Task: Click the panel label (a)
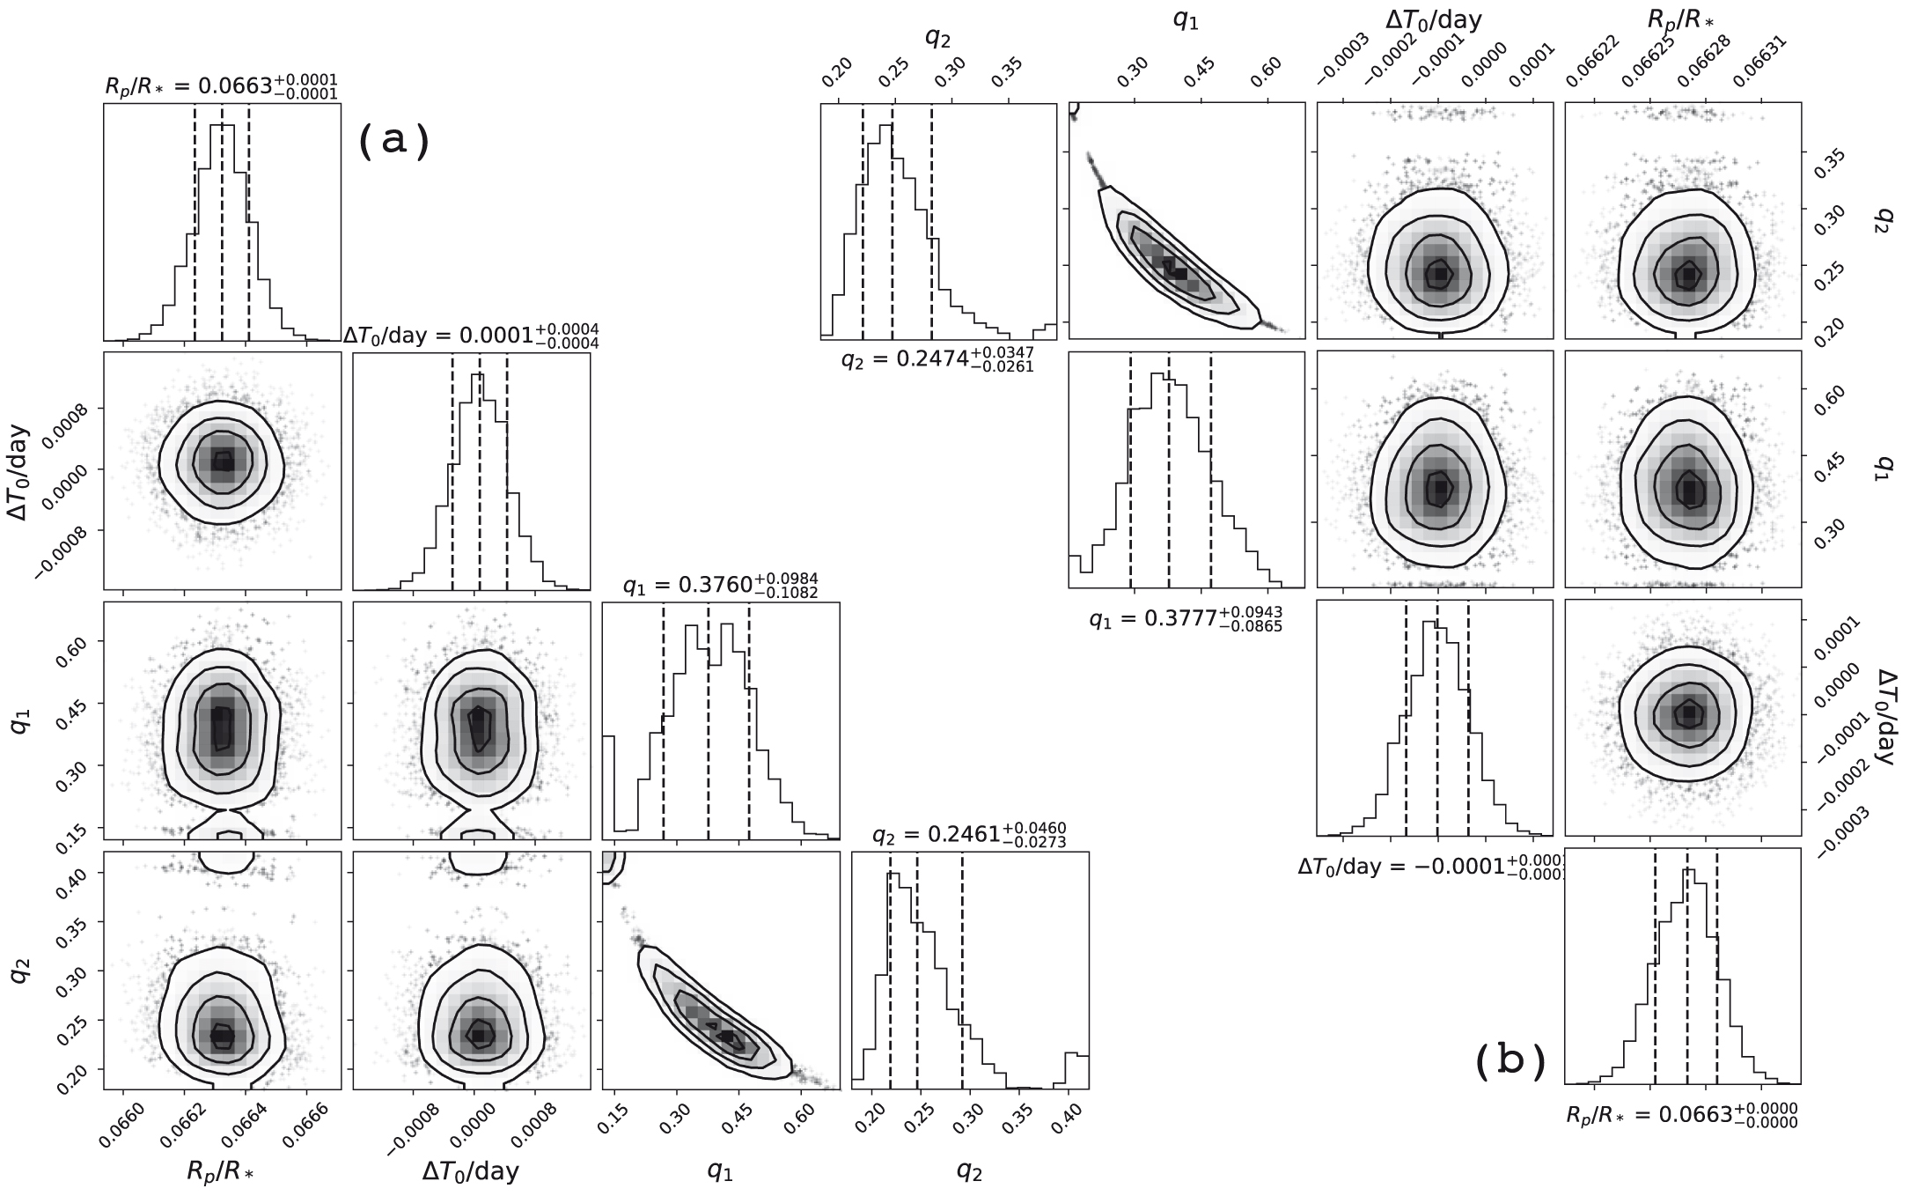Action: click(x=393, y=141)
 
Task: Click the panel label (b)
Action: click(x=1510, y=1061)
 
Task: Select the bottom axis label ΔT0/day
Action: click(x=470, y=1170)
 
